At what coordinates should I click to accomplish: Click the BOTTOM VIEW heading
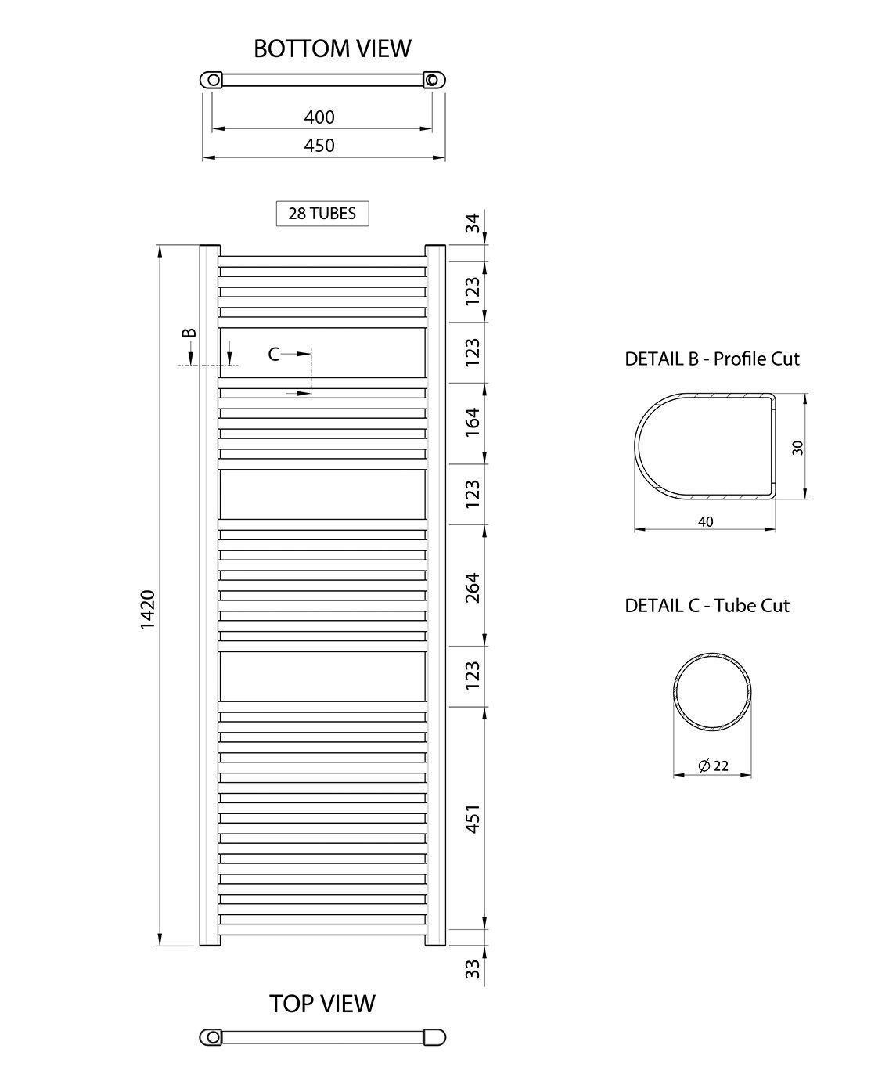click(332, 49)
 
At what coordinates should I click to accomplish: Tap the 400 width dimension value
click(319, 117)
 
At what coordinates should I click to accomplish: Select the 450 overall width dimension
click(319, 146)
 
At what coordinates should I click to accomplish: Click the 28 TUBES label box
click(322, 213)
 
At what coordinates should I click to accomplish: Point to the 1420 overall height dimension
click(148, 609)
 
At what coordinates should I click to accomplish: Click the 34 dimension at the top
click(473, 223)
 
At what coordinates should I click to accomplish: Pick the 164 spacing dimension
click(473, 423)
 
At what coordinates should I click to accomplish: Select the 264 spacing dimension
click(473, 588)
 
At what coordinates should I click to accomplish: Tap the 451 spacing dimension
click(473, 819)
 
